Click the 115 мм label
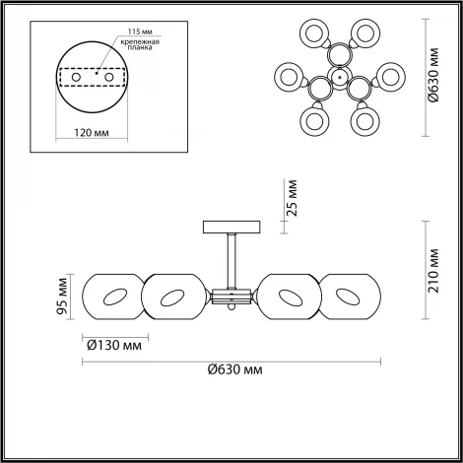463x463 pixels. point(140,32)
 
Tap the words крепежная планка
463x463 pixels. point(140,44)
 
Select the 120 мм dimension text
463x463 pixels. point(92,133)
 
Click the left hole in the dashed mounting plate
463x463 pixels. point(76,78)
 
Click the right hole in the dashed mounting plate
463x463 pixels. point(109,78)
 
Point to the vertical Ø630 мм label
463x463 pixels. point(433,75)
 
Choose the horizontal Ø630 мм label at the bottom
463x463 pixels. point(235,369)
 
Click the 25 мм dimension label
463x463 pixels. point(292,198)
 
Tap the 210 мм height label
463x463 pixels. point(433,271)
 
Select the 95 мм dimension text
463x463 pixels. point(62,297)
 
